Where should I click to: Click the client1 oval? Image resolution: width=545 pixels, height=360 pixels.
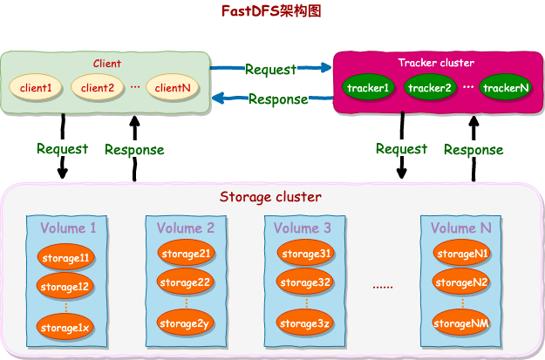click(37, 87)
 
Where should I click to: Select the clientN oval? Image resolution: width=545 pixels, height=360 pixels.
click(174, 87)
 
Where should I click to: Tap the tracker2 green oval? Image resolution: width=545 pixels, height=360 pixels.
click(430, 88)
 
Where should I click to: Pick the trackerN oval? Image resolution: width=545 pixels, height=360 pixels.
click(506, 88)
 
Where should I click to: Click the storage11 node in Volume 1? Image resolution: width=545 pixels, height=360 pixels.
click(66, 258)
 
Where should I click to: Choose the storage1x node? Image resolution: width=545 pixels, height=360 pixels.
click(66, 327)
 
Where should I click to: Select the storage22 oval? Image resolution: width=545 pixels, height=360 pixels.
click(186, 283)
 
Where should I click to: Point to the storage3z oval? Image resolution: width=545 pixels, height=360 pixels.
click(305, 324)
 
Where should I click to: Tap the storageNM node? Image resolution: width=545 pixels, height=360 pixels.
click(462, 324)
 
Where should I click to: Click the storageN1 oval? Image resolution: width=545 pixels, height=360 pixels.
click(462, 254)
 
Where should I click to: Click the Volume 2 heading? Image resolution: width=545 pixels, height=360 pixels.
click(186, 228)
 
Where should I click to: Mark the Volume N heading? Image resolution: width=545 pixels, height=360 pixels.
click(461, 228)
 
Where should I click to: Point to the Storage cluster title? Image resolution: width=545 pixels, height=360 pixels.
click(270, 197)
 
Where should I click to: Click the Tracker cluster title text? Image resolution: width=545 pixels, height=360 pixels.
click(436, 63)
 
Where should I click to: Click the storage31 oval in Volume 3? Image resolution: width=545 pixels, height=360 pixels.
click(305, 254)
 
